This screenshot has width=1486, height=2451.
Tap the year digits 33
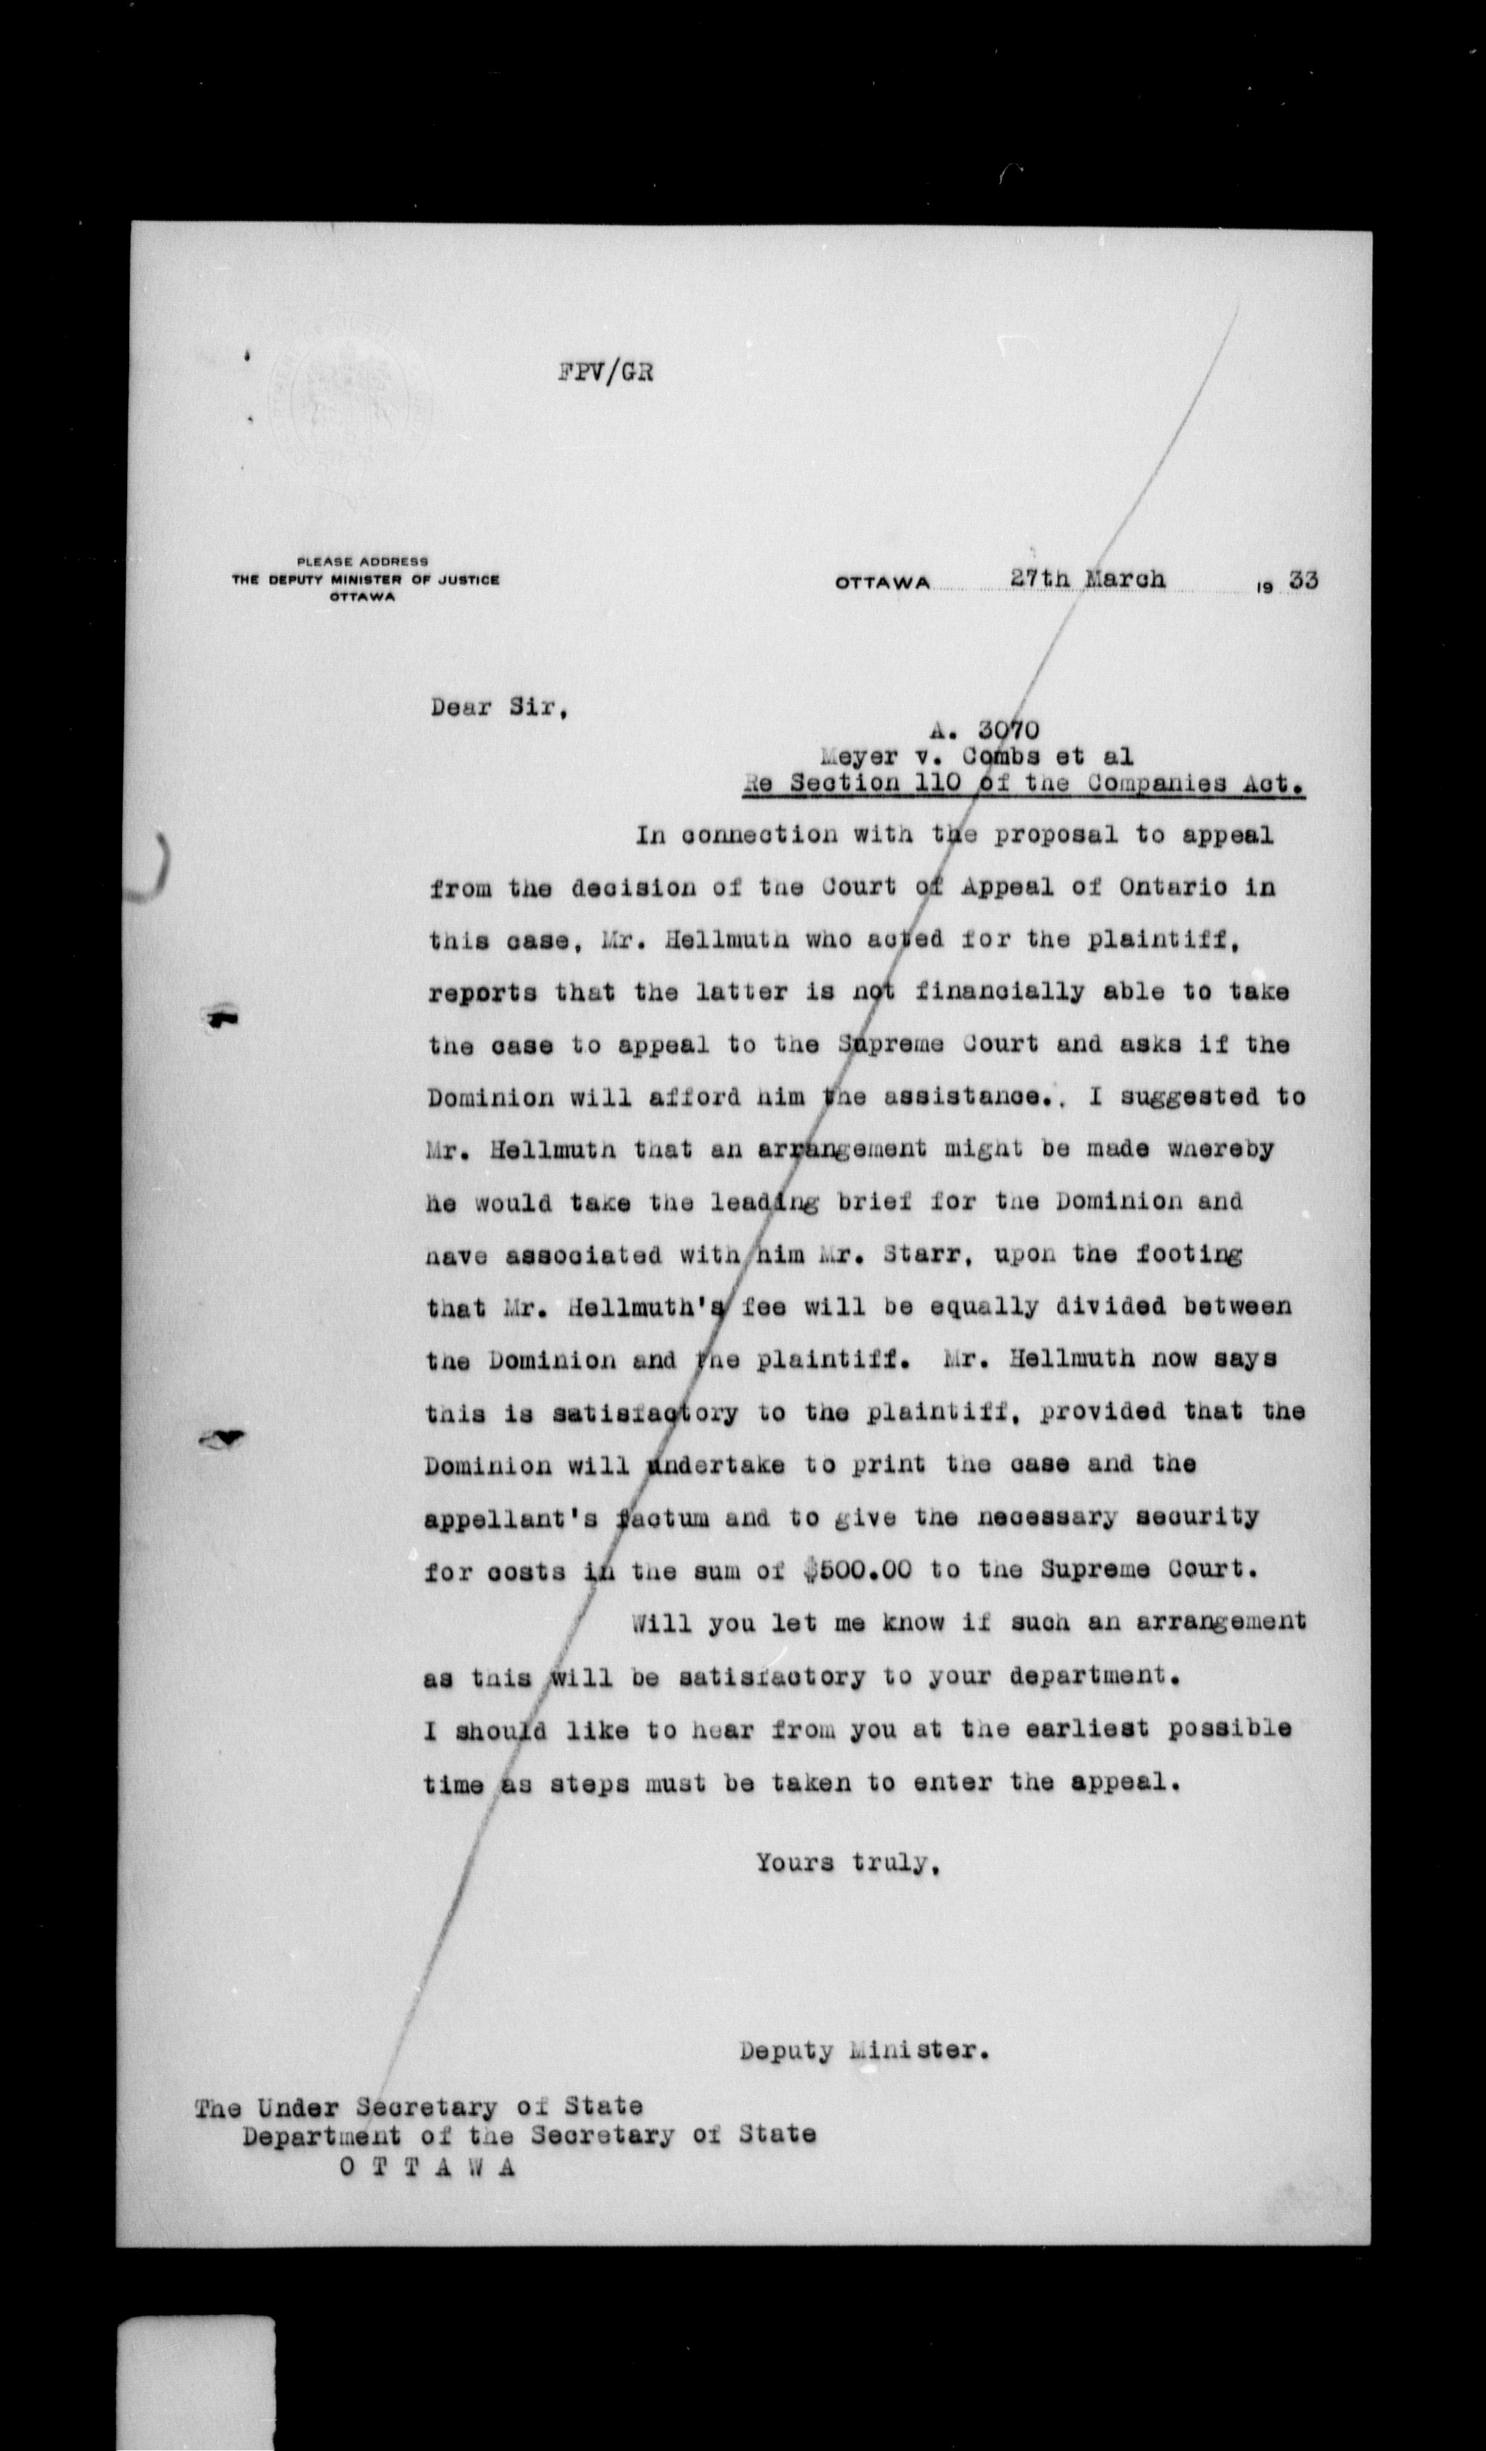coord(1303,580)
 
